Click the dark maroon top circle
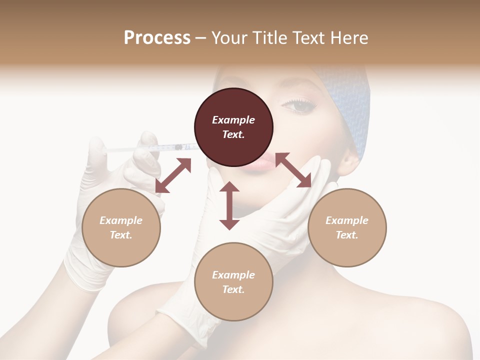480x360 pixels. [233, 127]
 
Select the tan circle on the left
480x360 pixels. [121, 227]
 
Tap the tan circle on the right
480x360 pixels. [347, 227]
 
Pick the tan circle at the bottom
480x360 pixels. [233, 282]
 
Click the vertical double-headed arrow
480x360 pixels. [229, 205]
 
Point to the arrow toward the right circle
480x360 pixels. [293, 170]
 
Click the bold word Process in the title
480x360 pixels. [157, 38]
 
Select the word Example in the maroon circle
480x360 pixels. [233, 120]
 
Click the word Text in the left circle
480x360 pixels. [121, 235]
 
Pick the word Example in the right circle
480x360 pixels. [347, 220]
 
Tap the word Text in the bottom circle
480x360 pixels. [233, 289]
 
